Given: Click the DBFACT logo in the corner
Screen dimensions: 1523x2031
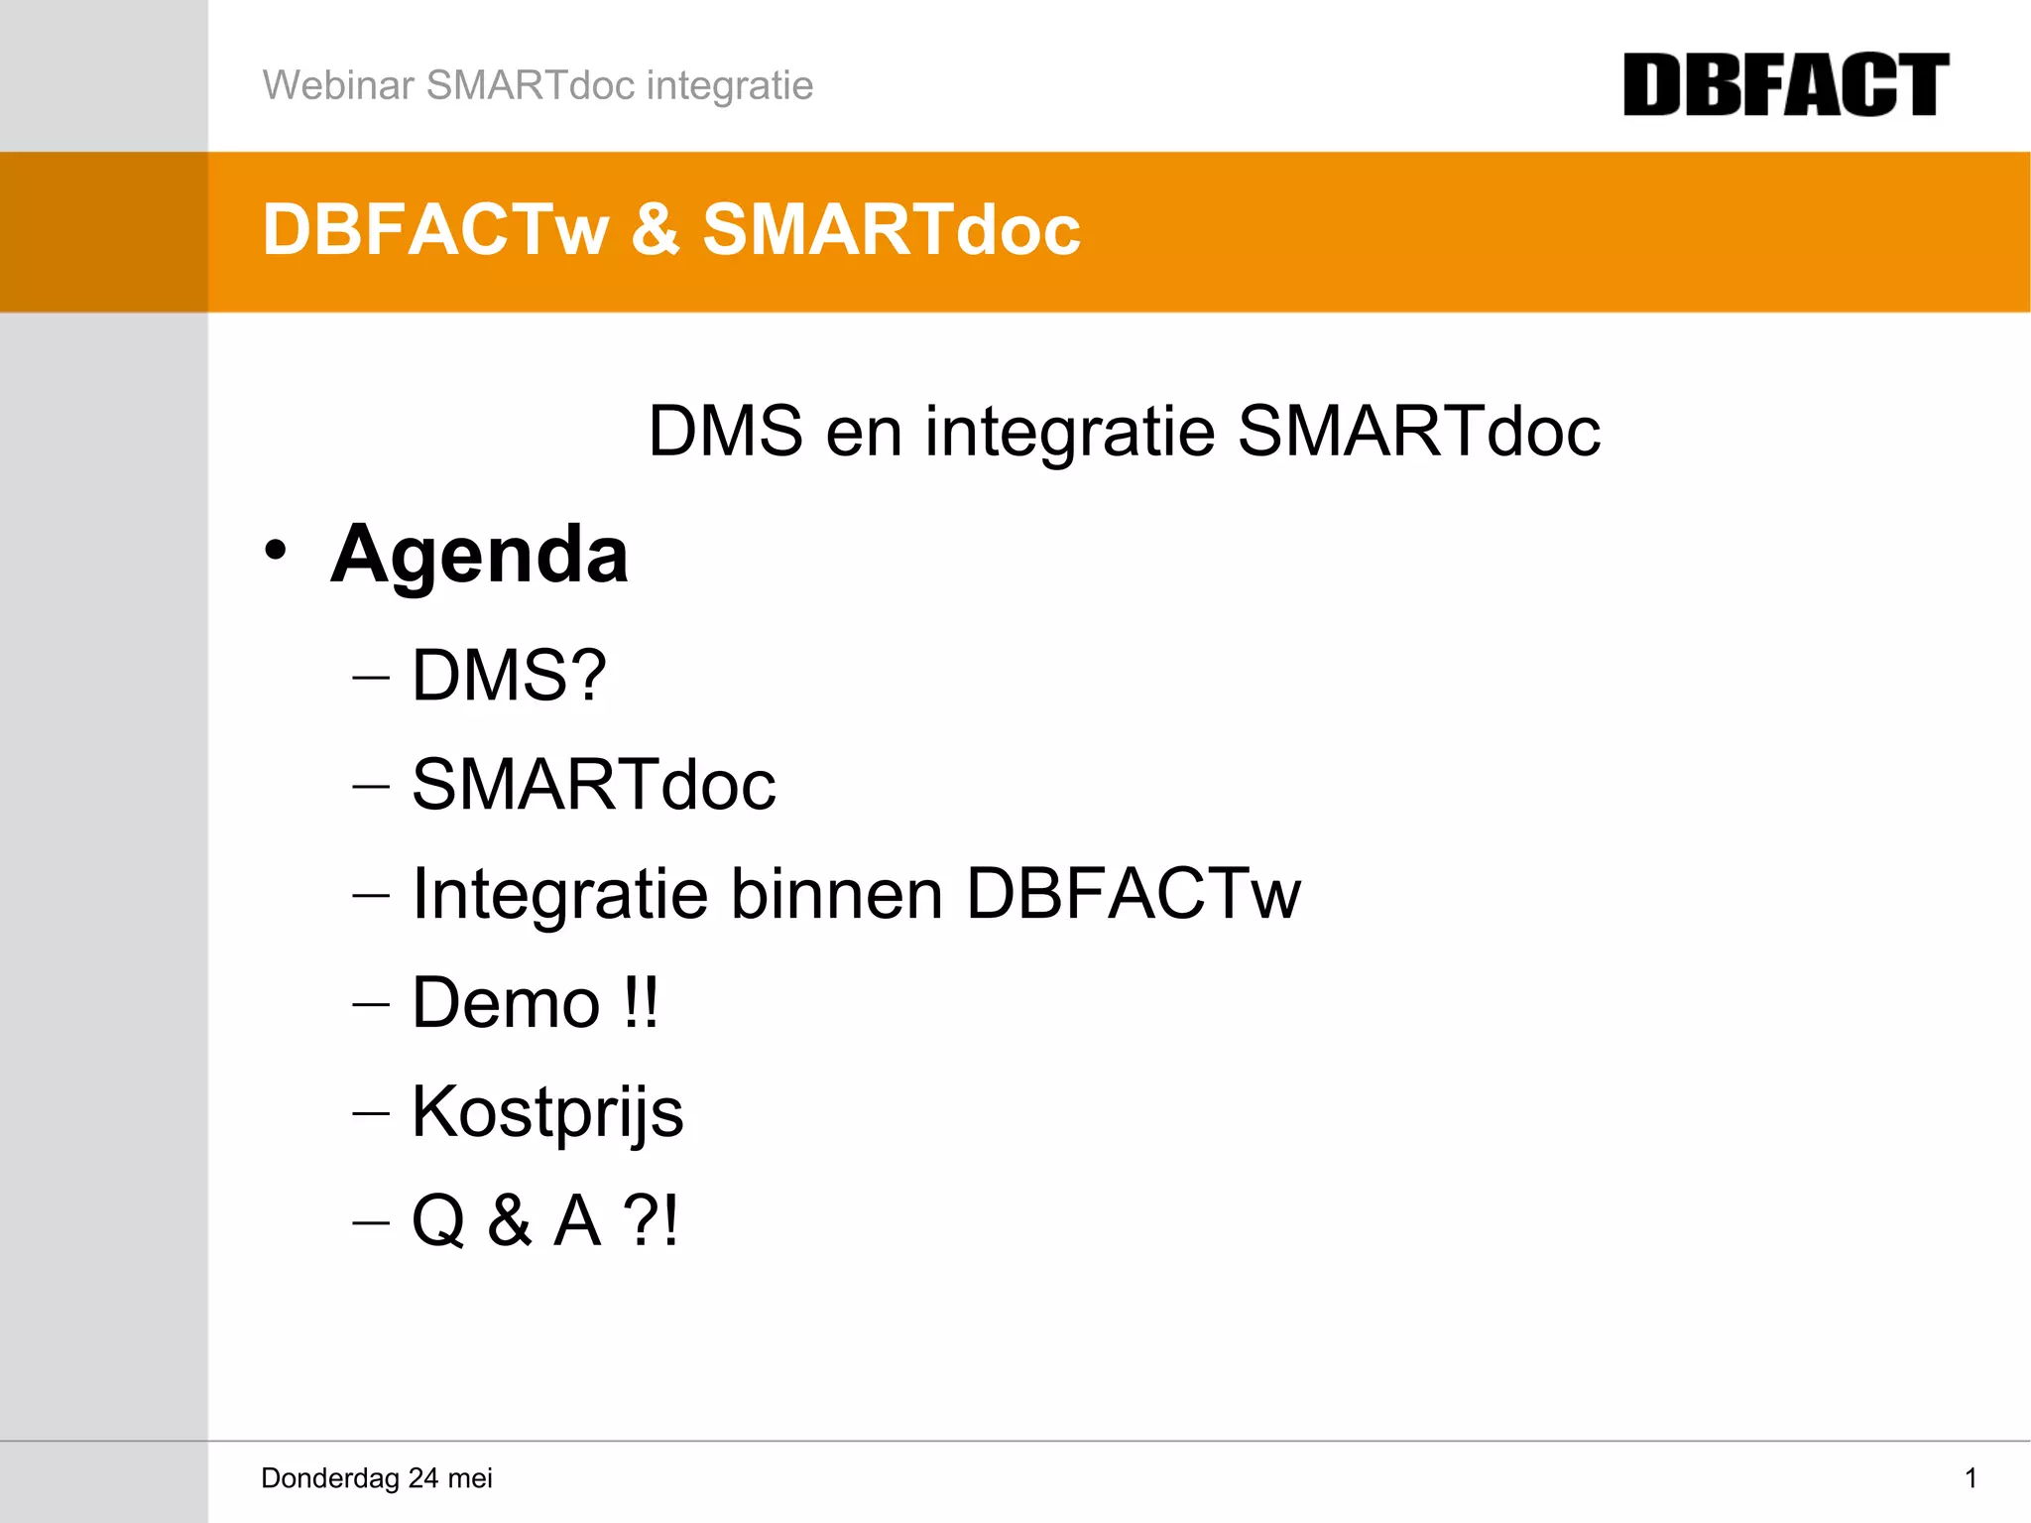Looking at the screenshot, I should [x=1785, y=85].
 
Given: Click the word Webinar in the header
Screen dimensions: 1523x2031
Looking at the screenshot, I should [x=337, y=85].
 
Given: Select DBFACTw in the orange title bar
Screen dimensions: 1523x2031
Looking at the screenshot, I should [x=434, y=230].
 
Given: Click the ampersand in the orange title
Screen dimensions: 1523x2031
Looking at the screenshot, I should [x=655, y=230].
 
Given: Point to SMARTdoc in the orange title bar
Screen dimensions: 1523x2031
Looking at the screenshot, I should [x=891, y=230].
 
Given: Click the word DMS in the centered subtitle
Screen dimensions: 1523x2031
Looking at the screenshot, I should [x=725, y=432].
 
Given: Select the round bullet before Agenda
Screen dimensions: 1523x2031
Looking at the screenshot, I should [x=275, y=551].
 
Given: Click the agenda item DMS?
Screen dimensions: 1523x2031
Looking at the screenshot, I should [x=508, y=676].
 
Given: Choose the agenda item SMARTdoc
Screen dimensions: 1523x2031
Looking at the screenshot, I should [x=593, y=785].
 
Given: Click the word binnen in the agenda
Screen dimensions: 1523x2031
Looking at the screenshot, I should [x=836, y=894].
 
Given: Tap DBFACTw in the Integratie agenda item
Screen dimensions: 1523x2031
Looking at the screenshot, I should [x=1133, y=894].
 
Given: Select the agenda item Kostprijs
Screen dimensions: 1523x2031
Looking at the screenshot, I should [x=547, y=1112].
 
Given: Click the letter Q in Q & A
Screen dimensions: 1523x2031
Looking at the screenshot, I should [x=438, y=1221].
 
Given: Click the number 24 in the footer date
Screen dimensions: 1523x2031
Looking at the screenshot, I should [x=422, y=1478].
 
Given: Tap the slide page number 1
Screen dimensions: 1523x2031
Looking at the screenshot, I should [x=1971, y=1478].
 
